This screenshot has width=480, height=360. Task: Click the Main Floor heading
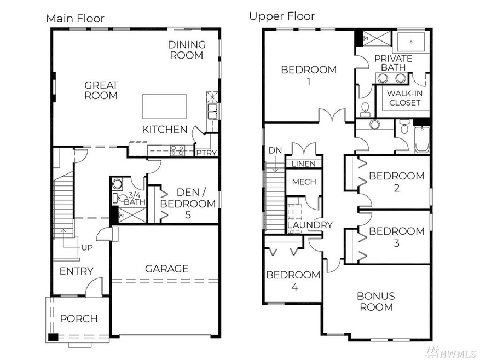tap(75, 18)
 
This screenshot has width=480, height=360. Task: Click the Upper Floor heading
tap(281, 16)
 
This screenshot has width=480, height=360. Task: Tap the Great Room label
tap(101, 90)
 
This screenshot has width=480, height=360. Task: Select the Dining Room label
tap(187, 50)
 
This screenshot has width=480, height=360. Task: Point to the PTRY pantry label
tap(206, 153)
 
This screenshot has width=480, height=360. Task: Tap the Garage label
tap(166, 269)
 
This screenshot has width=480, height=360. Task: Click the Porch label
tap(78, 318)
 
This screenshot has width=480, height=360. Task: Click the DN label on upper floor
tap(275, 150)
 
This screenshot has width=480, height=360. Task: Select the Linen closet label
tap(304, 164)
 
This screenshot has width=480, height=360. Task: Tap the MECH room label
tap(304, 182)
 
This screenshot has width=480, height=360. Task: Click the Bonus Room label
tap(375, 301)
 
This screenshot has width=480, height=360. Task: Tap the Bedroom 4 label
tap(293, 281)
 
